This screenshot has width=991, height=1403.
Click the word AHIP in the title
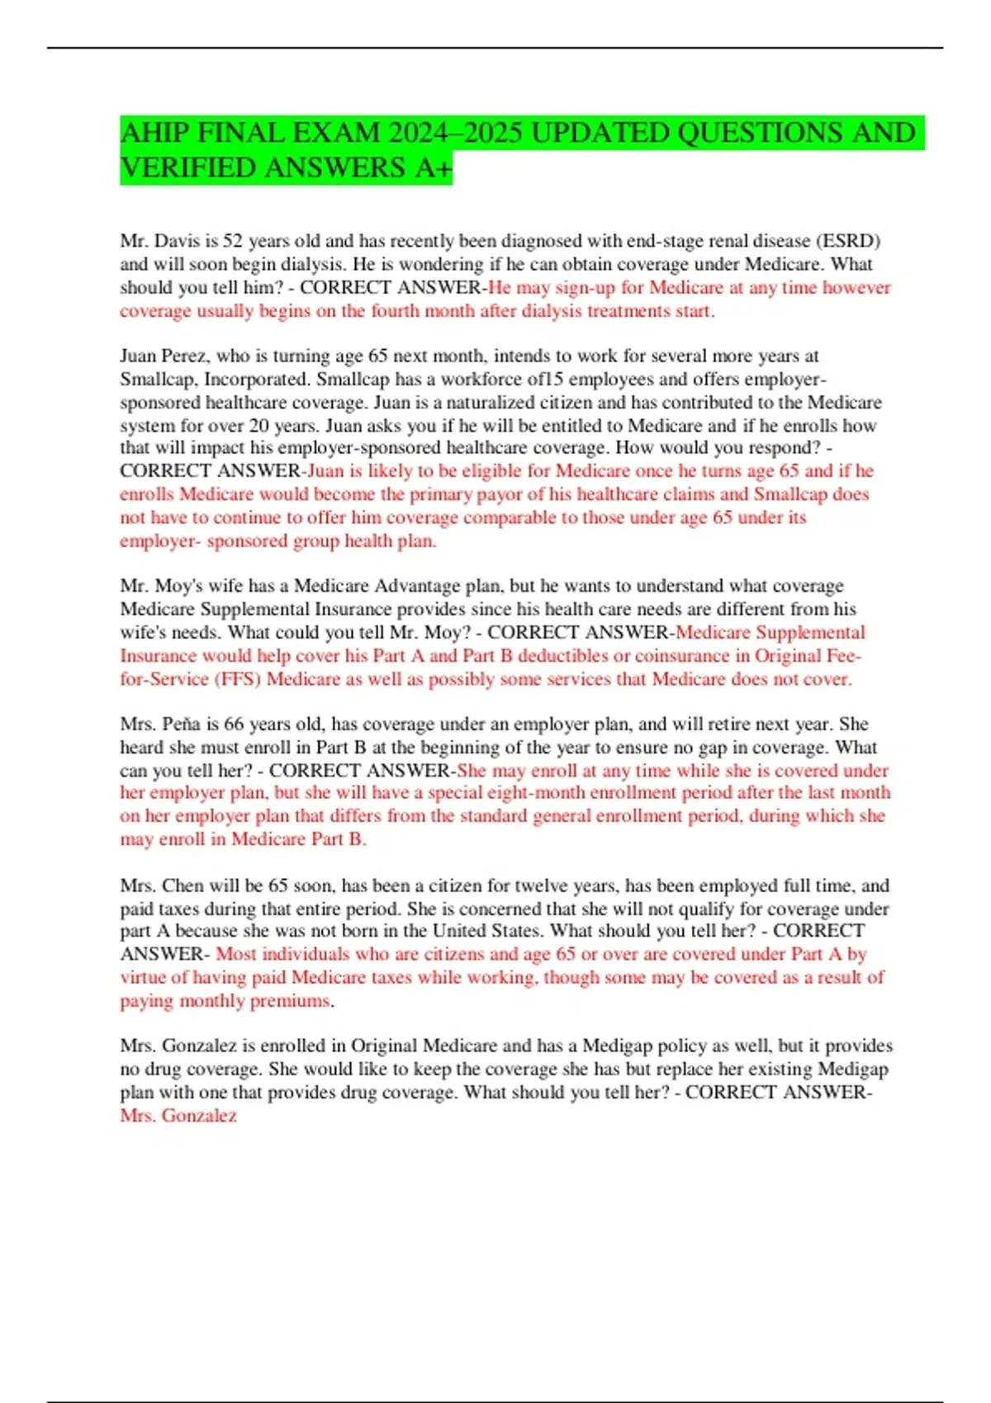point(154,133)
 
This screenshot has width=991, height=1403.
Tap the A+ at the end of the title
point(434,168)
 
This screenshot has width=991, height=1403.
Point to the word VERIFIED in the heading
point(189,168)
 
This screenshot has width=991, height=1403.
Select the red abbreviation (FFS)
point(238,679)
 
